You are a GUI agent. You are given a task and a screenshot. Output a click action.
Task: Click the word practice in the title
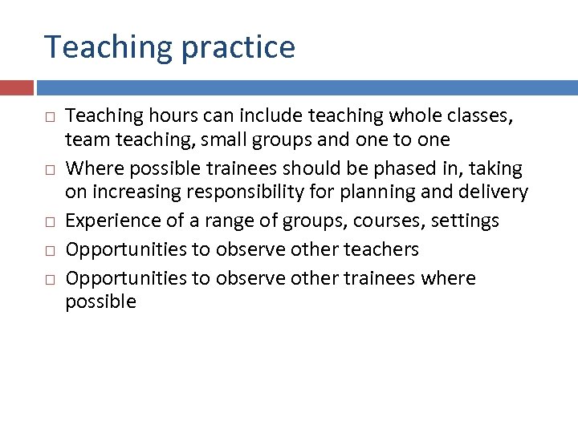[x=238, y=48]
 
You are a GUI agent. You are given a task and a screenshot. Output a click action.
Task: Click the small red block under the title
[x=16, y=87]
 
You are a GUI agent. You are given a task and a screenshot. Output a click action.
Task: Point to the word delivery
[x=497, y=192]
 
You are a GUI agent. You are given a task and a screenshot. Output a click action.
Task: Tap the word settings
[x=463, y=221]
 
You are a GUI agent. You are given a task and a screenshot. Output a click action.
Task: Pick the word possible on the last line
[x=100, y=301]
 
